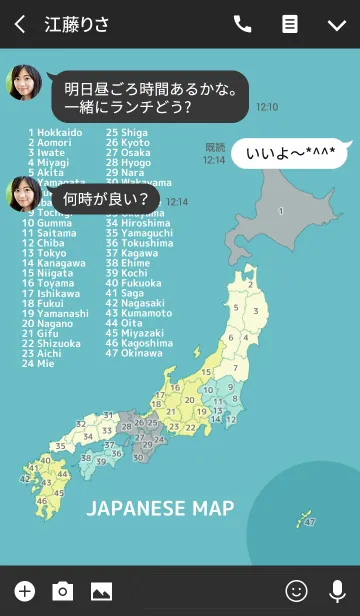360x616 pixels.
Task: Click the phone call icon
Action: tap(243, 25)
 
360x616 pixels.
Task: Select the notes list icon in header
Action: tap(290, 25)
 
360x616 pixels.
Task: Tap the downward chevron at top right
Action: tap(336, 25)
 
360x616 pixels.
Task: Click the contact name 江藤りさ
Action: tap(77, 25)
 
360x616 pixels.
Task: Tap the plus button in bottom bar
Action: tap(25, 591)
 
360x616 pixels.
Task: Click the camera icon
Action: tap(63, 591)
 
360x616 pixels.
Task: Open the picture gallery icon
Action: tap(101, 591)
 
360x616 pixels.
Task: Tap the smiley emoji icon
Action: tap(296, 591)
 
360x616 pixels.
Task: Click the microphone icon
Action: tap(337, 591)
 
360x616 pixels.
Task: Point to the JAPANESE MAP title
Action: tap(160, 509)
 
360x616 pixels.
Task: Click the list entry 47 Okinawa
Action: tap(134, 353)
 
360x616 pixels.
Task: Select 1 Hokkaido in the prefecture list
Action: tap(56, 132)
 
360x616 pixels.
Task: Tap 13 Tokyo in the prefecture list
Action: tap(48, 253)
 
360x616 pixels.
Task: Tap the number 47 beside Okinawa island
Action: tap(310, 522)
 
